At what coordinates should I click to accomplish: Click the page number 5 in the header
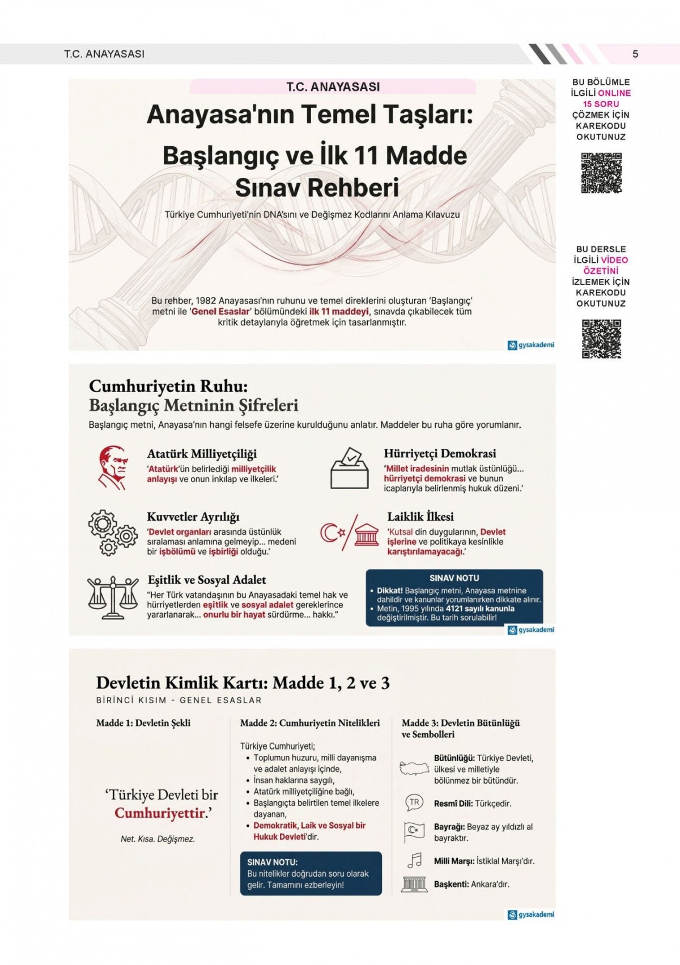pos(635,54)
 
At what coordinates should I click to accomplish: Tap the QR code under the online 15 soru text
pos(601,173)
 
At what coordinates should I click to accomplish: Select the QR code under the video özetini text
pos(601,339)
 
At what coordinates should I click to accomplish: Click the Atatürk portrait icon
pos(112,467)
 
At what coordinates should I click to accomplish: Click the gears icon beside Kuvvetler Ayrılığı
pos(112,532)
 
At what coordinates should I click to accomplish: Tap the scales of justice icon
pos(113,598)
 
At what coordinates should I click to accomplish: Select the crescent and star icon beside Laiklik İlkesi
pos(332,533)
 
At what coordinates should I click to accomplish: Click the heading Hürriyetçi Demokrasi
pos(440,453)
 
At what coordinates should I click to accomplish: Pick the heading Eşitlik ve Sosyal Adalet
pos(207,580)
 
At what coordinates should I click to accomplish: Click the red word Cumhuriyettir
pos(159,813)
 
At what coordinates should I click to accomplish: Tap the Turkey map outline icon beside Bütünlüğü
pos(415,768)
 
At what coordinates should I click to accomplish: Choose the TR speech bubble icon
pos(415,802)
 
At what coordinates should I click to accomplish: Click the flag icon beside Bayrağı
pos(414,831)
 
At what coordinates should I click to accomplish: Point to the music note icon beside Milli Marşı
pos(415,860)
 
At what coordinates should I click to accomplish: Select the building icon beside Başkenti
pos(414,883)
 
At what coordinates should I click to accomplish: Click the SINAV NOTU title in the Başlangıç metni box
pos(454,578)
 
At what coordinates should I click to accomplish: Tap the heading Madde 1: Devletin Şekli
pos(143,723)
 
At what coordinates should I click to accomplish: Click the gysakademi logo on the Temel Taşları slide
pos(531,345)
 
